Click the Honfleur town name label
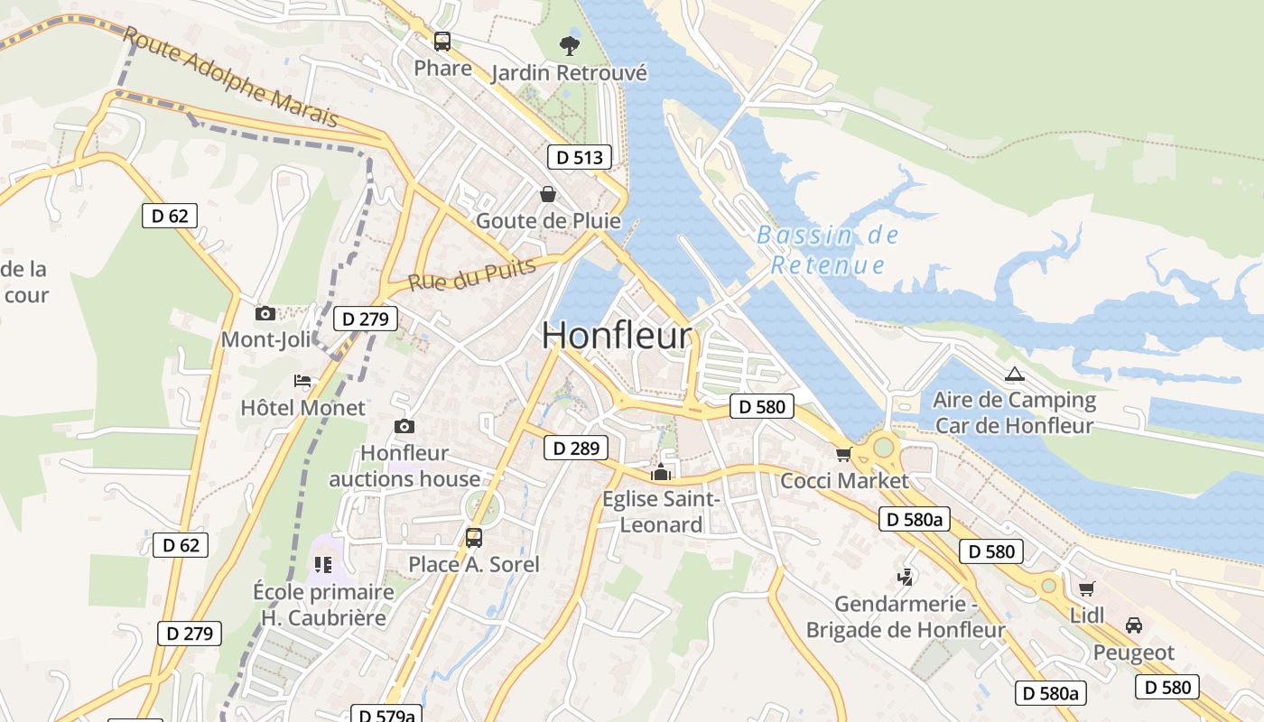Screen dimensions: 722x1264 (617, 336)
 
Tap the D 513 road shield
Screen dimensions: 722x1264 (579, 157)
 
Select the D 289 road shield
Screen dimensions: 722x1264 (575, 448)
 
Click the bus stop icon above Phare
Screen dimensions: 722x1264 (442, 42)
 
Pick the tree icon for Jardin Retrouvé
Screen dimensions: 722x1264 (569, 44)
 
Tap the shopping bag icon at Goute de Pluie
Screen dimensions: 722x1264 (548, 194)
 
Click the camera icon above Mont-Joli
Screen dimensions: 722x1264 (265, 313)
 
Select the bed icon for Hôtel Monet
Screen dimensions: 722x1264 (302, 381)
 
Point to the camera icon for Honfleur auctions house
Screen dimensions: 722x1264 (404, 426)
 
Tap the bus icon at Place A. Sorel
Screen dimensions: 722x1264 (474, 538)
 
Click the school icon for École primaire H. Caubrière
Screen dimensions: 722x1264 (323, 565)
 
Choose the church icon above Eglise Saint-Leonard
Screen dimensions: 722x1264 (661, 472)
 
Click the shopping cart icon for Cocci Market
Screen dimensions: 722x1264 (843, 454)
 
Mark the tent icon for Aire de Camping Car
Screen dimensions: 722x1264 (1014, 374)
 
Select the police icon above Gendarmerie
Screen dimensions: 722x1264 (905, 578)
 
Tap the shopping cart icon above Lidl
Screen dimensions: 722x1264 (1086, 588)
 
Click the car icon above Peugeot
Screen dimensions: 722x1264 (1133, 625)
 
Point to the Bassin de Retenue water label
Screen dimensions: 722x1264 (828, 250)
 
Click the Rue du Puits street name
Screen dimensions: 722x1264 (471, 274)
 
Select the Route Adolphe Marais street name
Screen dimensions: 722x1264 (230, 77)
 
